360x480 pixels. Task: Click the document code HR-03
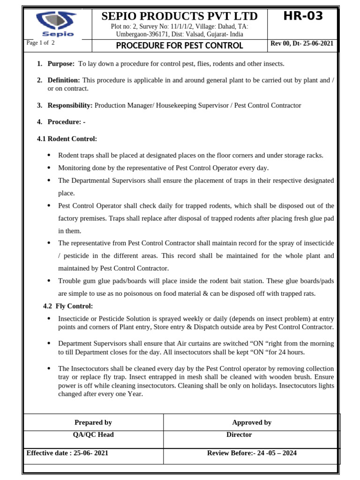[x=302, y=16]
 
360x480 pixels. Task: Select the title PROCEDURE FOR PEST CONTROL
[x=179, y=45]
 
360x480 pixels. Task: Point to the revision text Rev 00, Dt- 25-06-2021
[x=302, y=44]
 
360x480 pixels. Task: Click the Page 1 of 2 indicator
[x=41, y=43]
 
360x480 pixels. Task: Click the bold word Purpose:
[x=60, y=64]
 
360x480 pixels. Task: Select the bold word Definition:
[x=64, y=81]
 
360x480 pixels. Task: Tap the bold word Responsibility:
[x=70, y=105]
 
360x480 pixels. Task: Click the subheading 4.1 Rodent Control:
[x=67, y=139]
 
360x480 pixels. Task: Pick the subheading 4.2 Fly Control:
[x=68, y=306]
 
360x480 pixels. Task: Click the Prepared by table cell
[x=93, y=422]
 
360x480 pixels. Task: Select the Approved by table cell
[x=252, y=422]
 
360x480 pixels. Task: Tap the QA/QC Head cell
[x=93, y=435]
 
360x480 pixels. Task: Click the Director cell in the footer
[x=239, y=435]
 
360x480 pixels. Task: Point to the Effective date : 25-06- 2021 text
[x=67, y=453]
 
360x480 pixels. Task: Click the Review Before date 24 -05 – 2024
[x=252, y=453]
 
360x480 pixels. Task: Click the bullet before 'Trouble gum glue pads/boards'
[x=50, y=281]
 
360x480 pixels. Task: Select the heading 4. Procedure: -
[x=66, y=122]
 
